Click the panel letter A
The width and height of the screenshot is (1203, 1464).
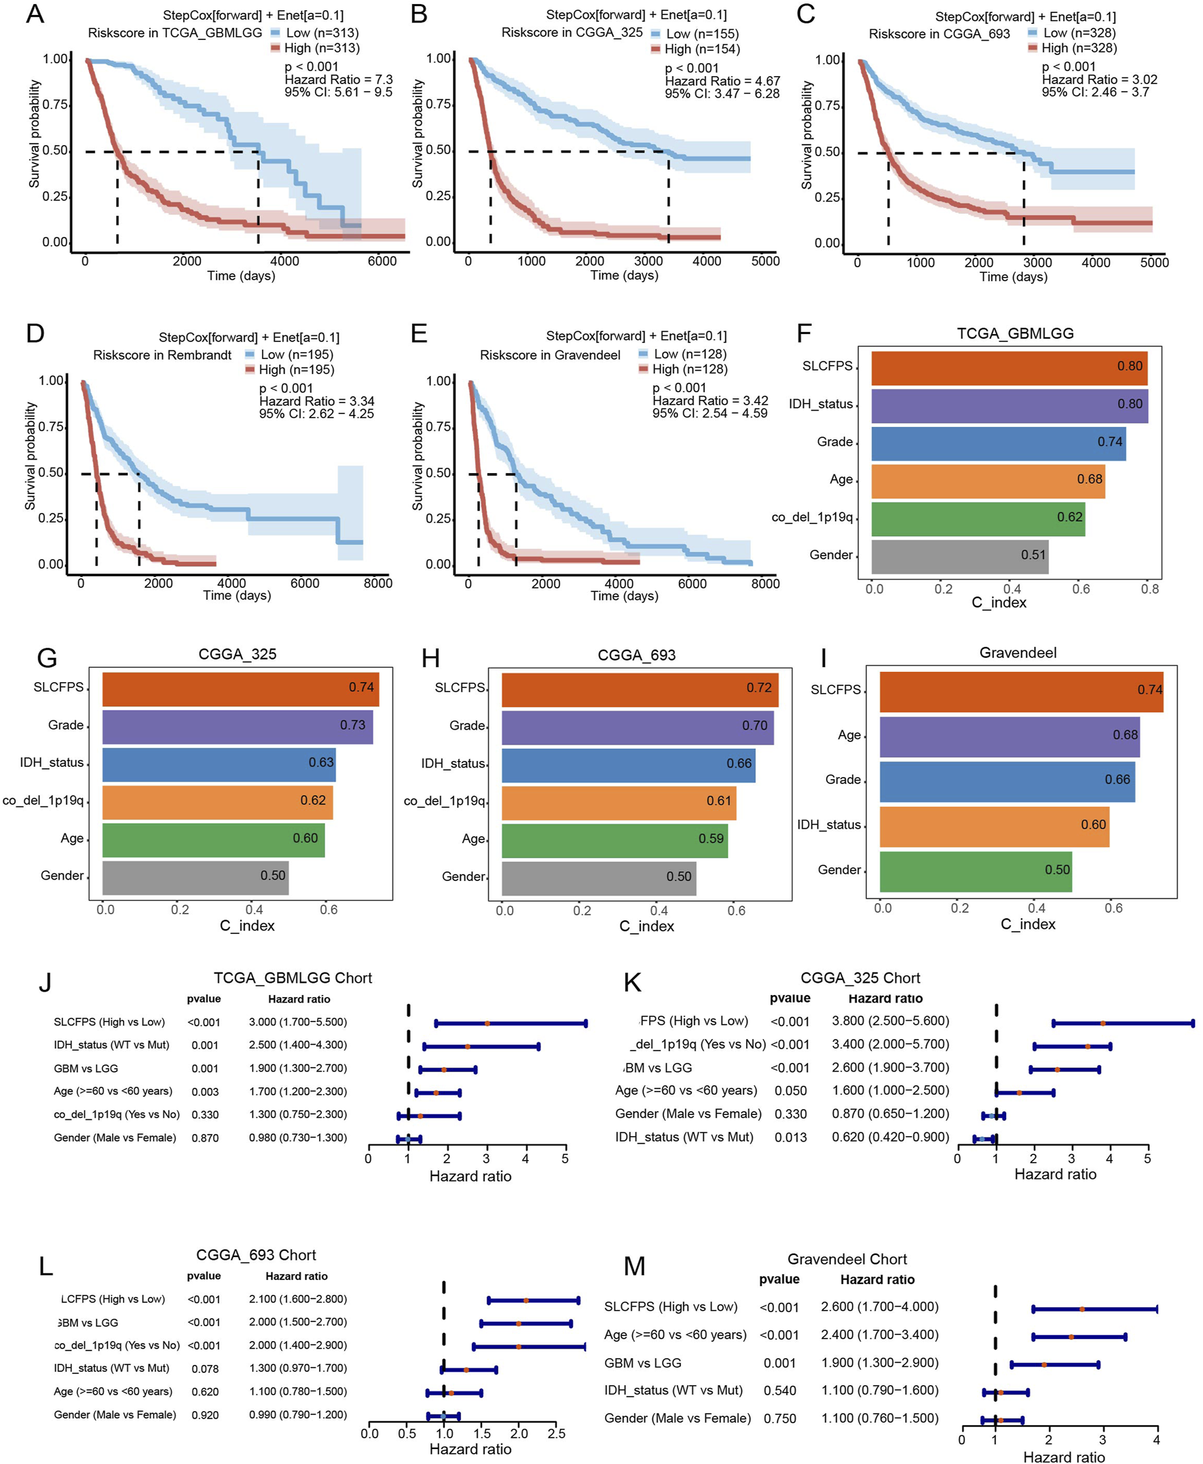[x=35, y=14]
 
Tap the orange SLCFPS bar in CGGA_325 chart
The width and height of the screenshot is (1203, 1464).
[x=240, y=689]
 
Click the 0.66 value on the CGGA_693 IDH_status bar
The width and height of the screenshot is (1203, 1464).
[x=739, y=764]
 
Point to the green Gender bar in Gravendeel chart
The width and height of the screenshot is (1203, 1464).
[x=975, y=871]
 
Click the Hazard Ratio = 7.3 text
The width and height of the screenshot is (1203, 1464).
[x=338, y=79]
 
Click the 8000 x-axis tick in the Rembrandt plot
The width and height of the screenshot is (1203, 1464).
[x=377, y=584]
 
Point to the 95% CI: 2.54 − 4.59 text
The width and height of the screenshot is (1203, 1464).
[x=709, y=413]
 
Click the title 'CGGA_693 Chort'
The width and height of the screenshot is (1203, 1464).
[x=256, y=1255]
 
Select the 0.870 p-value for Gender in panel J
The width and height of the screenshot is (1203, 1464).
[x=205, y=1138]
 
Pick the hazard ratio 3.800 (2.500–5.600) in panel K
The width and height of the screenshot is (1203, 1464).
[x=891, y=1021]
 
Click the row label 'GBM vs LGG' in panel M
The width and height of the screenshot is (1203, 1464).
[x=642, y=1363]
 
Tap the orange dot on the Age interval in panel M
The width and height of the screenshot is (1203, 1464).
[x=1071, y=1336]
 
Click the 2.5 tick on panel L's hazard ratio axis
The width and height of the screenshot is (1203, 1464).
[x=557, y=1433]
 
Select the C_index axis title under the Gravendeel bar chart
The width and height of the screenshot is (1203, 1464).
[x=1028, y=924]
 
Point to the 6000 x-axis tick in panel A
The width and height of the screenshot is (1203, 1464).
[x=382, y=261]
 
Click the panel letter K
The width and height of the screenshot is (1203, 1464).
[x=632, y=983]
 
